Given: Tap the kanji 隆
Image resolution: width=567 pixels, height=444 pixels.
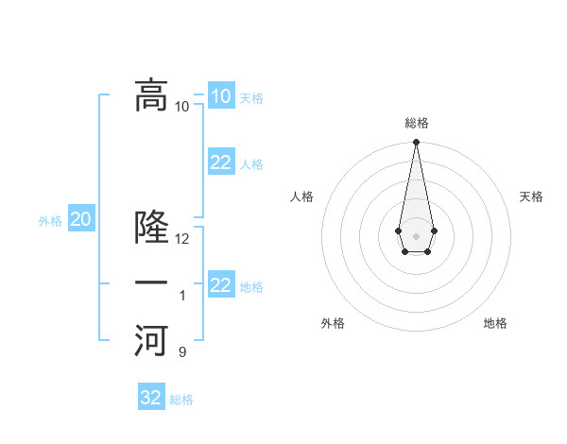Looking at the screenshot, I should (x=151, y=227).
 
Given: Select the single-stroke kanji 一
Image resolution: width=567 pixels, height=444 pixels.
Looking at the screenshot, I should (x=151, y=283).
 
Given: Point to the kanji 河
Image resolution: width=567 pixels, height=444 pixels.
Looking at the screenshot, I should (x=151, y=340).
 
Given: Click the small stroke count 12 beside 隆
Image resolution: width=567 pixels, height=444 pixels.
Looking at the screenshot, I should (x=182, y=239).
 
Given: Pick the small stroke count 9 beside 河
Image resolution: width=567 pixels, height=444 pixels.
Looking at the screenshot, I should (x=182, y=352).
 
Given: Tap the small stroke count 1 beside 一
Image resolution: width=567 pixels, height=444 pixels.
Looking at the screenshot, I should (x=182, y=296).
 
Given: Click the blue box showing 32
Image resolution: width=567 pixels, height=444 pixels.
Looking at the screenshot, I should (x=151, y=398).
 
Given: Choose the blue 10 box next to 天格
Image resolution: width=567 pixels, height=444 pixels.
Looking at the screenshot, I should (x=220, y=95).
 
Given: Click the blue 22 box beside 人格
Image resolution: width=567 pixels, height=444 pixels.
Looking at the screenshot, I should (x=220, y=162).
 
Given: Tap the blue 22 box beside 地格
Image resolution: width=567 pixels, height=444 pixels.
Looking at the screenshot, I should (x=220, y=285).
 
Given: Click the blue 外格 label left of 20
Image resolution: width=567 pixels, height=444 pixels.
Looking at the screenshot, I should (x=50, y=221).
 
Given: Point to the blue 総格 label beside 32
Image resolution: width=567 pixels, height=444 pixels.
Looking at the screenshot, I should (x=181, y=399).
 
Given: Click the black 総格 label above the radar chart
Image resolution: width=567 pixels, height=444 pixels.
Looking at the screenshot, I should (x=416, y=123).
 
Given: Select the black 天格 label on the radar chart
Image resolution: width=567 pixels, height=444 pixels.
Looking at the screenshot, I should (x=531, y=196).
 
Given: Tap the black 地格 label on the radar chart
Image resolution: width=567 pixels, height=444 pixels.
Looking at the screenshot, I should (x=495, y=323).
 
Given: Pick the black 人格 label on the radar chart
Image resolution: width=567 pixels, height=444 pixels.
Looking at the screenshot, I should (x=302, y=196).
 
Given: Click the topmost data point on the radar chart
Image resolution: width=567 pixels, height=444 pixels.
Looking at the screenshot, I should (x=416, y=142).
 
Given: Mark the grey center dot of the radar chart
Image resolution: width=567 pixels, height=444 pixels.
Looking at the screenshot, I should (x=416, y=235).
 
